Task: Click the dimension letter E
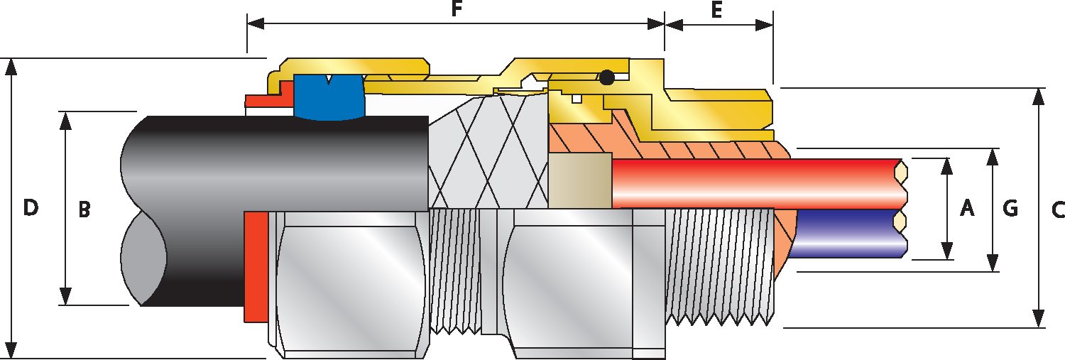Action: click(716, 10)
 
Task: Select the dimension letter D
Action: click(30, 208)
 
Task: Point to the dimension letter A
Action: click(966, 208)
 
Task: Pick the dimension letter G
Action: click(1010, 208)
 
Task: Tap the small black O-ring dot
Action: click(606, 77)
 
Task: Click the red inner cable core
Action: click(753, 182)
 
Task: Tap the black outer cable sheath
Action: click(284, 163)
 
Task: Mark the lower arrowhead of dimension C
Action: click(1039, 320)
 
